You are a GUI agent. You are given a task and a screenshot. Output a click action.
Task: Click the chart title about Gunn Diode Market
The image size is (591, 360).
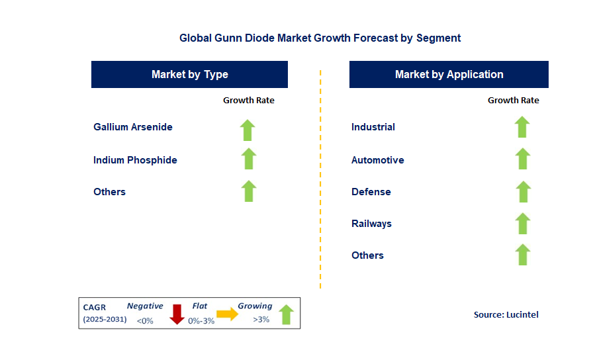click(320, 38)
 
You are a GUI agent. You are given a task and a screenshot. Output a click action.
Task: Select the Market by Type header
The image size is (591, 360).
click(189, 74)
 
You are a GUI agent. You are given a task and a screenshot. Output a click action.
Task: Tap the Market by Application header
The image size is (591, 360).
click(449, 74)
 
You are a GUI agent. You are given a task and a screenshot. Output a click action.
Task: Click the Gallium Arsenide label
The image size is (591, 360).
click(133, 127)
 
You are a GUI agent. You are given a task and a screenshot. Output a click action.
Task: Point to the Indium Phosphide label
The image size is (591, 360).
click(135, 160)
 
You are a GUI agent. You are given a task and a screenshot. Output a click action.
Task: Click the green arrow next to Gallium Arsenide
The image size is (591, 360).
click(248, 130)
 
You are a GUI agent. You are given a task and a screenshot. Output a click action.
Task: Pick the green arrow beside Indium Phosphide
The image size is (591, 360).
click(248, 159)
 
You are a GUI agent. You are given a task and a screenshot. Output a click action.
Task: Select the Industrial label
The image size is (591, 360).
click(373, 127)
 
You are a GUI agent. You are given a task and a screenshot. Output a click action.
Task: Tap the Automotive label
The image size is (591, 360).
click(377, 160)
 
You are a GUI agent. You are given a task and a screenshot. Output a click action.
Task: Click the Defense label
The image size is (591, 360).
click(371, 192)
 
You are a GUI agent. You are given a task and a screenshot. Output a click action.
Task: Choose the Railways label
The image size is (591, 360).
click(371, 224)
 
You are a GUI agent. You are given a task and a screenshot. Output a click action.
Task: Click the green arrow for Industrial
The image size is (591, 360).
click(522, 126)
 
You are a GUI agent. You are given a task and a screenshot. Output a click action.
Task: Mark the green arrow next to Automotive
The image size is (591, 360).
click(522, 159)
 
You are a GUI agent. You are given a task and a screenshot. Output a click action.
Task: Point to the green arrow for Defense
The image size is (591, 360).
click(522, 191)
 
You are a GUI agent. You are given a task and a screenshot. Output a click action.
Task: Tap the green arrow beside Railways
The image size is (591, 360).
click(522, 223)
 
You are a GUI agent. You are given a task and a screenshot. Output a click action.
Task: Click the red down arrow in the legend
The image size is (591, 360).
click(177, 314)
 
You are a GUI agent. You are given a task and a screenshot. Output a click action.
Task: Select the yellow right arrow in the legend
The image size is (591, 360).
click(227, 314)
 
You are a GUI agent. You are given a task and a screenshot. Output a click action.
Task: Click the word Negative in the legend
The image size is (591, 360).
click(145, 306)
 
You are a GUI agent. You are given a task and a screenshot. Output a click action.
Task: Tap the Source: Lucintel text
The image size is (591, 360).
click(506, 315)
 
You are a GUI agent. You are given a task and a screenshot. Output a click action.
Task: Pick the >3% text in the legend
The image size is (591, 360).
click(261, 320)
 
